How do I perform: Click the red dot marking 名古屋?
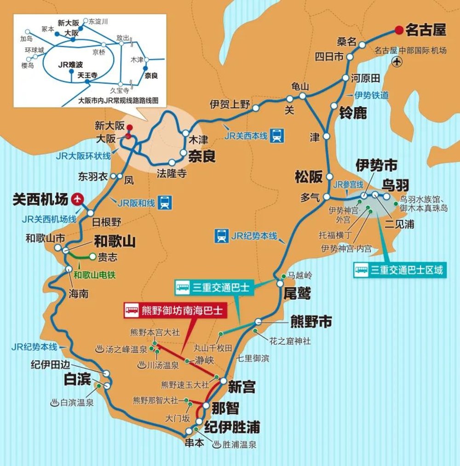coord(398,30)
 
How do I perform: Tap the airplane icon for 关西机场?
coord(78,199)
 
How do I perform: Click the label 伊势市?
coord(377,165)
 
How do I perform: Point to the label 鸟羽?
coord(395,185)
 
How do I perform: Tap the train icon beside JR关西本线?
coord(277,135)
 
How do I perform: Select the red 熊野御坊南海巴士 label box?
coord(174,311)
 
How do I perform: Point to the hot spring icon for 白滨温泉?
coord(55,403)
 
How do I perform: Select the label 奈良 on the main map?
coord(201,156)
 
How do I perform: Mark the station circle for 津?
coord(326,136)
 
